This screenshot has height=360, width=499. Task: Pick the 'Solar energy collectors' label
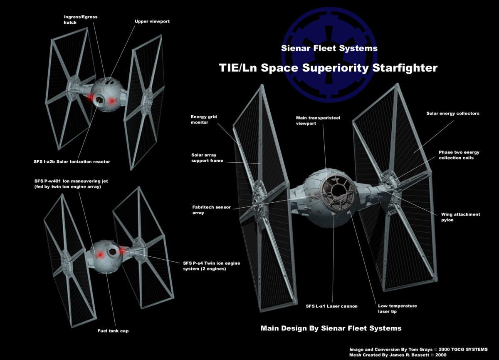pos(453,114)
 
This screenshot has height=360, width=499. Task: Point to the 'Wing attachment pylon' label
pos(460,217)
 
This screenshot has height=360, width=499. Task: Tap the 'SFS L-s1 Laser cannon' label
pos(326,306)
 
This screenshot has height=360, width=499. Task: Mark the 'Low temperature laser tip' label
pos(397,308)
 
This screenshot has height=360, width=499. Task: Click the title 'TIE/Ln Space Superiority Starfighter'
pos(328,68)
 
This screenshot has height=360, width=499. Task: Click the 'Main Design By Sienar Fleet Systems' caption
pos(331,328)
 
